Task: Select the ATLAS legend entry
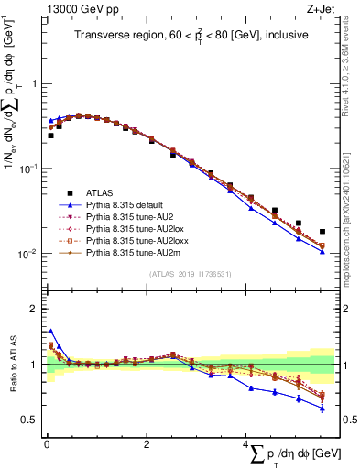point(100,193)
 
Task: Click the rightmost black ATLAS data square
point(322,232)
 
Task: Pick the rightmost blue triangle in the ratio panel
point(322,409)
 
